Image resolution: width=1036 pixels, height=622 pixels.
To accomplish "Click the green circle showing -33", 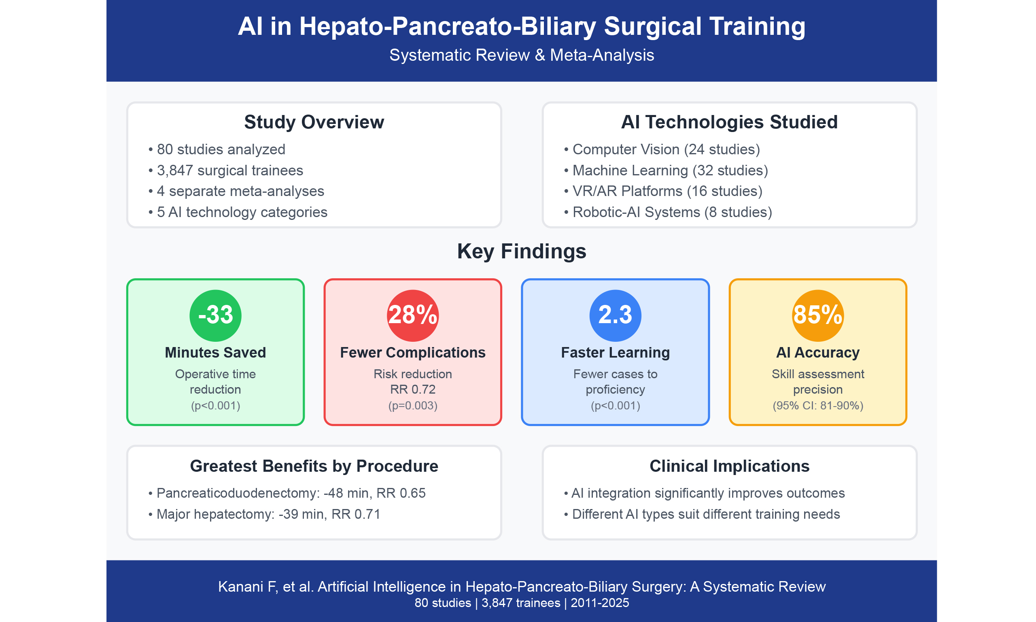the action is coord(215,315).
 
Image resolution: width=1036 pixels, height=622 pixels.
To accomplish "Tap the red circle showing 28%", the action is coord(412,315).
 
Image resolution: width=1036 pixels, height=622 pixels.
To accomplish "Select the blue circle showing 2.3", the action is coord(615,315).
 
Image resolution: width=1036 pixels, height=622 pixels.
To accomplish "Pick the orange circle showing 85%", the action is coord(817,315).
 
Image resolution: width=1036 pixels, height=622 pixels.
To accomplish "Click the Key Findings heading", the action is coord(521,251).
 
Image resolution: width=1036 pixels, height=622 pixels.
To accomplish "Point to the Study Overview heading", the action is coord(314,122).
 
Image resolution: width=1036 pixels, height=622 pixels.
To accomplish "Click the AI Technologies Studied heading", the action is coord(729,122).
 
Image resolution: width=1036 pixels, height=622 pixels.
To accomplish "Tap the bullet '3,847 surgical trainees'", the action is coord(225,170).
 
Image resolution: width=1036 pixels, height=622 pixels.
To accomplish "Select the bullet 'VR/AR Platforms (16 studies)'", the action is coord(663,191).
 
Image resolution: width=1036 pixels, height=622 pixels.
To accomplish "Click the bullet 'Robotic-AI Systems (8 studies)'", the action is coord(667,212).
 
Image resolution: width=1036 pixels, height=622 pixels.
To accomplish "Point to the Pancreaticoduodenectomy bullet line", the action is coord(287,493).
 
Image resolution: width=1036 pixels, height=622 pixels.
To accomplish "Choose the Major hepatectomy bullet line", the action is coord(264,514).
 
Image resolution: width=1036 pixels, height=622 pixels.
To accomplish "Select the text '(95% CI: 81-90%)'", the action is coord(817,406).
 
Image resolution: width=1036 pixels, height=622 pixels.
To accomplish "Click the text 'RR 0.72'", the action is coord(412,390).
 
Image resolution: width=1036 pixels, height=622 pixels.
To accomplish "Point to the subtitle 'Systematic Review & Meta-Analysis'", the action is coord(521,55).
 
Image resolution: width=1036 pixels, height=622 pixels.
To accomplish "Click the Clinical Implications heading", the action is coord(729,466).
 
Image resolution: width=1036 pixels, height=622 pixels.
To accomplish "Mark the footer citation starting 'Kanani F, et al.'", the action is coord(521,587).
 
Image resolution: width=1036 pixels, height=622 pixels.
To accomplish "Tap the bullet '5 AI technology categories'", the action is coord(238,213).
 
